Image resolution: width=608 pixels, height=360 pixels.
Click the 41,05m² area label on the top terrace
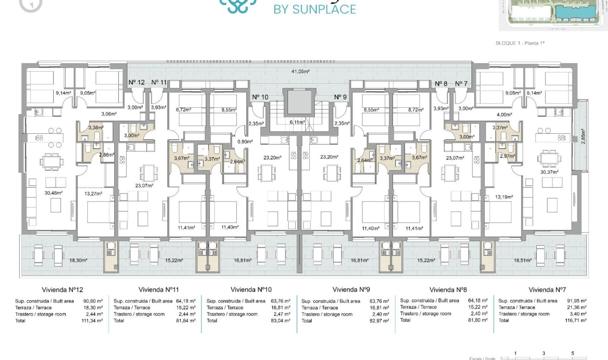(300, 71)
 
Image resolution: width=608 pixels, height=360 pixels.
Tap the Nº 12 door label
(136, 82)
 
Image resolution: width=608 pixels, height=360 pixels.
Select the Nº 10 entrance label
(260, 97)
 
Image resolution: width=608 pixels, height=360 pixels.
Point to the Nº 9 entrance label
(340, 97)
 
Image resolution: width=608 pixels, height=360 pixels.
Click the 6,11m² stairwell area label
(297, 122)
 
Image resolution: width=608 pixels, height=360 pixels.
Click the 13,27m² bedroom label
(93, 193)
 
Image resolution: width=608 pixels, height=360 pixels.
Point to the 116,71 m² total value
(575, 320)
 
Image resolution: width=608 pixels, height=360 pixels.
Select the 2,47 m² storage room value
(281, 314)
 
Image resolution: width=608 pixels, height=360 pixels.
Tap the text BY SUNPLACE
(315, 9)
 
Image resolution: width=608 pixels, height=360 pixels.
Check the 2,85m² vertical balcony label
(583, 137)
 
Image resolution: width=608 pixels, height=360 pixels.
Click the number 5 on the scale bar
(572, 353)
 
